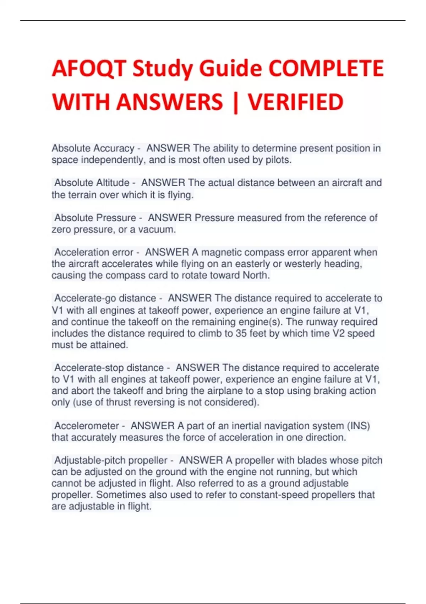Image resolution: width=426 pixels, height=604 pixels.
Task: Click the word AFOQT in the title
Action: click(89, 68)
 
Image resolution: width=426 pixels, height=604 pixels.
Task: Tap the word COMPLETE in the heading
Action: click(326, 68)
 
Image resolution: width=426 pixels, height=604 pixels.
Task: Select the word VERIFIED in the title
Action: click(295, 102)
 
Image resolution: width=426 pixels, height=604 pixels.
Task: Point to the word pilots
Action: click(278, 160)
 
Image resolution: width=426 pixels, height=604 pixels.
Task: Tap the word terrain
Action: click(80, 195)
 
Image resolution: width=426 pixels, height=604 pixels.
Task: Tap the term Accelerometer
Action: click(87, 426)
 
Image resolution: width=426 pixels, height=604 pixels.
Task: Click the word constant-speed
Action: click(277, 495)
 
